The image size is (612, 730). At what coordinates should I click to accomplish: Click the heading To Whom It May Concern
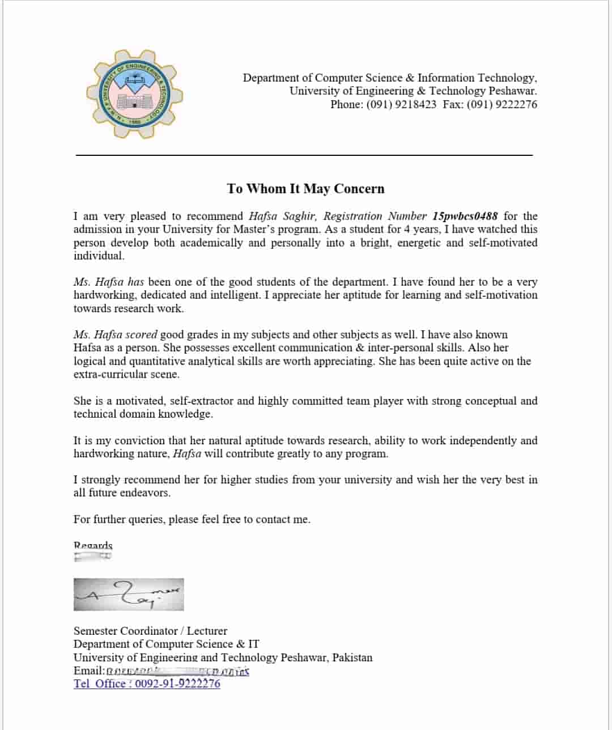tap(305, 189)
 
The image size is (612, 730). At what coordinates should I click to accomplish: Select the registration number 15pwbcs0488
tap(465, 216)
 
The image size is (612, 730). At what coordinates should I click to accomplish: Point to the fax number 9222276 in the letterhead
tap(516, 104)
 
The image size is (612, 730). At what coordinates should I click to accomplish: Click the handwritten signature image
tap(129, 594)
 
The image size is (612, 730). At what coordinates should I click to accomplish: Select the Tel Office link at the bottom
tap(147, 684)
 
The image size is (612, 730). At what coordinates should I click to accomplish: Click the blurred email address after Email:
tap(178, 671)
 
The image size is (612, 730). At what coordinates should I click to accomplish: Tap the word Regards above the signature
tap(93, 545)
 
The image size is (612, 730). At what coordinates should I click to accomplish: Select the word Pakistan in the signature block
tap(352, 657)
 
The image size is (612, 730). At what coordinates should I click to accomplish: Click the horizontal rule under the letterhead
tap(304, 155)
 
